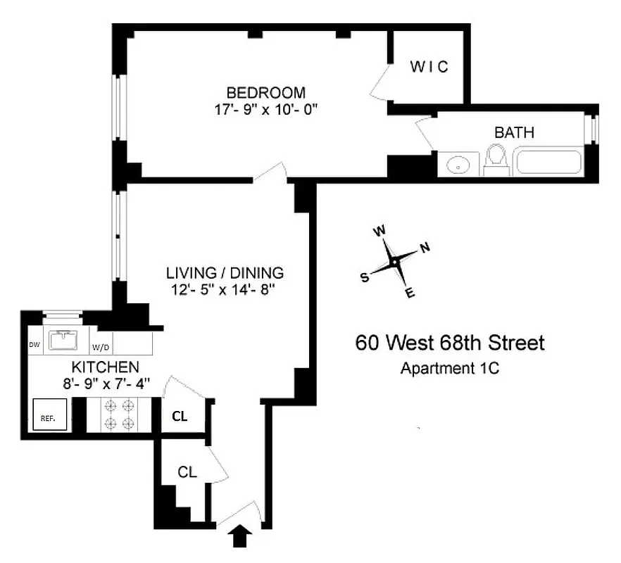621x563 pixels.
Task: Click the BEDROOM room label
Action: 265,92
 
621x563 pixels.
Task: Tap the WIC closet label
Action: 429,68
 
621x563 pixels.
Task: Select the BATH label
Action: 514,132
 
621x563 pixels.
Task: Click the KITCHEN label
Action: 105,367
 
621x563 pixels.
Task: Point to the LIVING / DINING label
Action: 225,272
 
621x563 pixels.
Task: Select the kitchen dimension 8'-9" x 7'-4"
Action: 105,383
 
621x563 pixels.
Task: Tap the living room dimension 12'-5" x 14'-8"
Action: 225,289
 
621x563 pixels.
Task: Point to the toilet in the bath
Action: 496,159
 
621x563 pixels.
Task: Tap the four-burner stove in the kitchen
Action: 119,414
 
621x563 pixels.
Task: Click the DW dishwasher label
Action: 34,345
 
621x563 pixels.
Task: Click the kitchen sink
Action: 66,340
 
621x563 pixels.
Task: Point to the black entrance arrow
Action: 241,538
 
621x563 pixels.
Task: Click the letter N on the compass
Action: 425,247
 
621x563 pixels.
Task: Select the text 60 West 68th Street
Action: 450,343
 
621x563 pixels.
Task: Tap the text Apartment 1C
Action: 450,367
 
